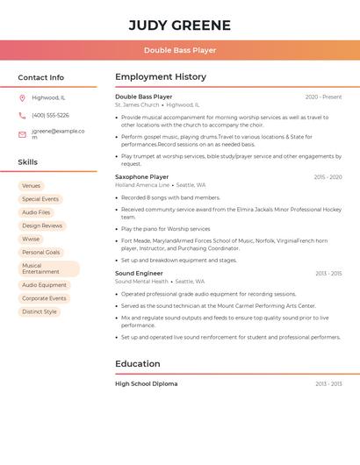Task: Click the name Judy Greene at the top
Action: [179, 25]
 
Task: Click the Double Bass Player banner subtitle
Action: [179, 50]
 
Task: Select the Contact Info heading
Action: [40, 77]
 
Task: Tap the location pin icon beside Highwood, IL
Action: [22, 97]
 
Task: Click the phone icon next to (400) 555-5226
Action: [22, 115]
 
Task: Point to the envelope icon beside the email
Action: [22, 134]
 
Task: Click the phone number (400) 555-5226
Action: [50, 115]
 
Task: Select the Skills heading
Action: [27, 162]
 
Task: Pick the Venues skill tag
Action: [31, 186]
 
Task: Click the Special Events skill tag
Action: [40, 199]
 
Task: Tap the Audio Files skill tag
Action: [36, 212]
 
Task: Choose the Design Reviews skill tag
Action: [42, 225]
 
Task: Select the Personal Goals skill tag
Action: [41, 252]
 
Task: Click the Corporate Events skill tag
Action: [44, 298]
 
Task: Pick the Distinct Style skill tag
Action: [40, 311]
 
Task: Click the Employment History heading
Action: [160, 77]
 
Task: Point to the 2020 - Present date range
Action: [323, 97]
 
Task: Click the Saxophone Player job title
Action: [141, 177]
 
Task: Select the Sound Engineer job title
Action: [139, 274]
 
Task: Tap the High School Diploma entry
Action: [146, 384]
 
